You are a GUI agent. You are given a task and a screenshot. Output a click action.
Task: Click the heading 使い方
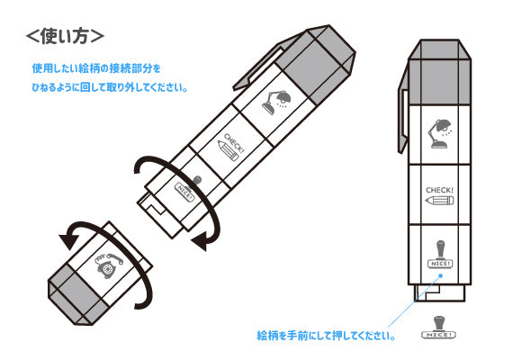(65, 36)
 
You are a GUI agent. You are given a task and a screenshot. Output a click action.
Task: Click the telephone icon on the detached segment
(108, 265)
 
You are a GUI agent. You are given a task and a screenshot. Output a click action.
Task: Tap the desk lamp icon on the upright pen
(440, 133)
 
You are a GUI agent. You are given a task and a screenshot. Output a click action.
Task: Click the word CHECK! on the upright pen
(439, 190)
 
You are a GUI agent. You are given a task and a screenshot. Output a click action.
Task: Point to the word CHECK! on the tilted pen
(234, 143)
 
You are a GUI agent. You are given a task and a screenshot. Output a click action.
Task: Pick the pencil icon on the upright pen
(439, 201)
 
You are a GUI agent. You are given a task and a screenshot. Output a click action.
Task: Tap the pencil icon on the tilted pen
(228, 151)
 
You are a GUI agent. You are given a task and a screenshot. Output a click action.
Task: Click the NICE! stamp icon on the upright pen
(440, 255)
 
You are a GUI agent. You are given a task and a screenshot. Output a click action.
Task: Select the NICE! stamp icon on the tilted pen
(188, 189)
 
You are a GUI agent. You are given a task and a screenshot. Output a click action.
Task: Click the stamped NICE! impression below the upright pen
(439, 328)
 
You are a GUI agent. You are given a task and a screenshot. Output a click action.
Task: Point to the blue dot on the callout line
(441, 275)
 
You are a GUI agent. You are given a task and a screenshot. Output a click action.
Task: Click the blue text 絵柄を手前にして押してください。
(326, 336)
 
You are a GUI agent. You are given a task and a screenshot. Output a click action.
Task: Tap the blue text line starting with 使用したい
(96, 68)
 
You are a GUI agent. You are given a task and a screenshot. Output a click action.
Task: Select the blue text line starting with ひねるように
(110, 87)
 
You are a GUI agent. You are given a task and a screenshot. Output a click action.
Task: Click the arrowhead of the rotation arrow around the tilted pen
(200, 242)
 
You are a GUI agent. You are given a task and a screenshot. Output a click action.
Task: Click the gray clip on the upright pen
(403, 108)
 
